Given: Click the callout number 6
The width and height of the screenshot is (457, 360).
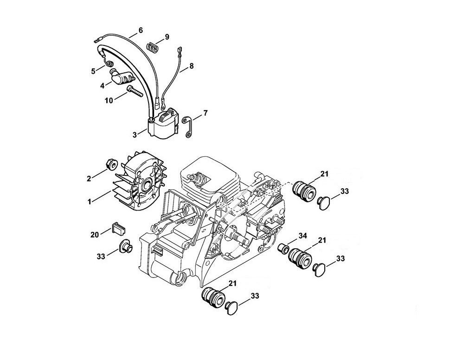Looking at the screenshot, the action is [141, 30].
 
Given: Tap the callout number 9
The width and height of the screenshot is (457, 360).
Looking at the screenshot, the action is [167, 37].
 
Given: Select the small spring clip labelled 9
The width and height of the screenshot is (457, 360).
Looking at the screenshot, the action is [152, 47].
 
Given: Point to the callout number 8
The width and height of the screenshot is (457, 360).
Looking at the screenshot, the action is [191, 66].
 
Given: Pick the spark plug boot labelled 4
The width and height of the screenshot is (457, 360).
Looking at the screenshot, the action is [122, 77].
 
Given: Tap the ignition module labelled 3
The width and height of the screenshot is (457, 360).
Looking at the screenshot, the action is [162, 123].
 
